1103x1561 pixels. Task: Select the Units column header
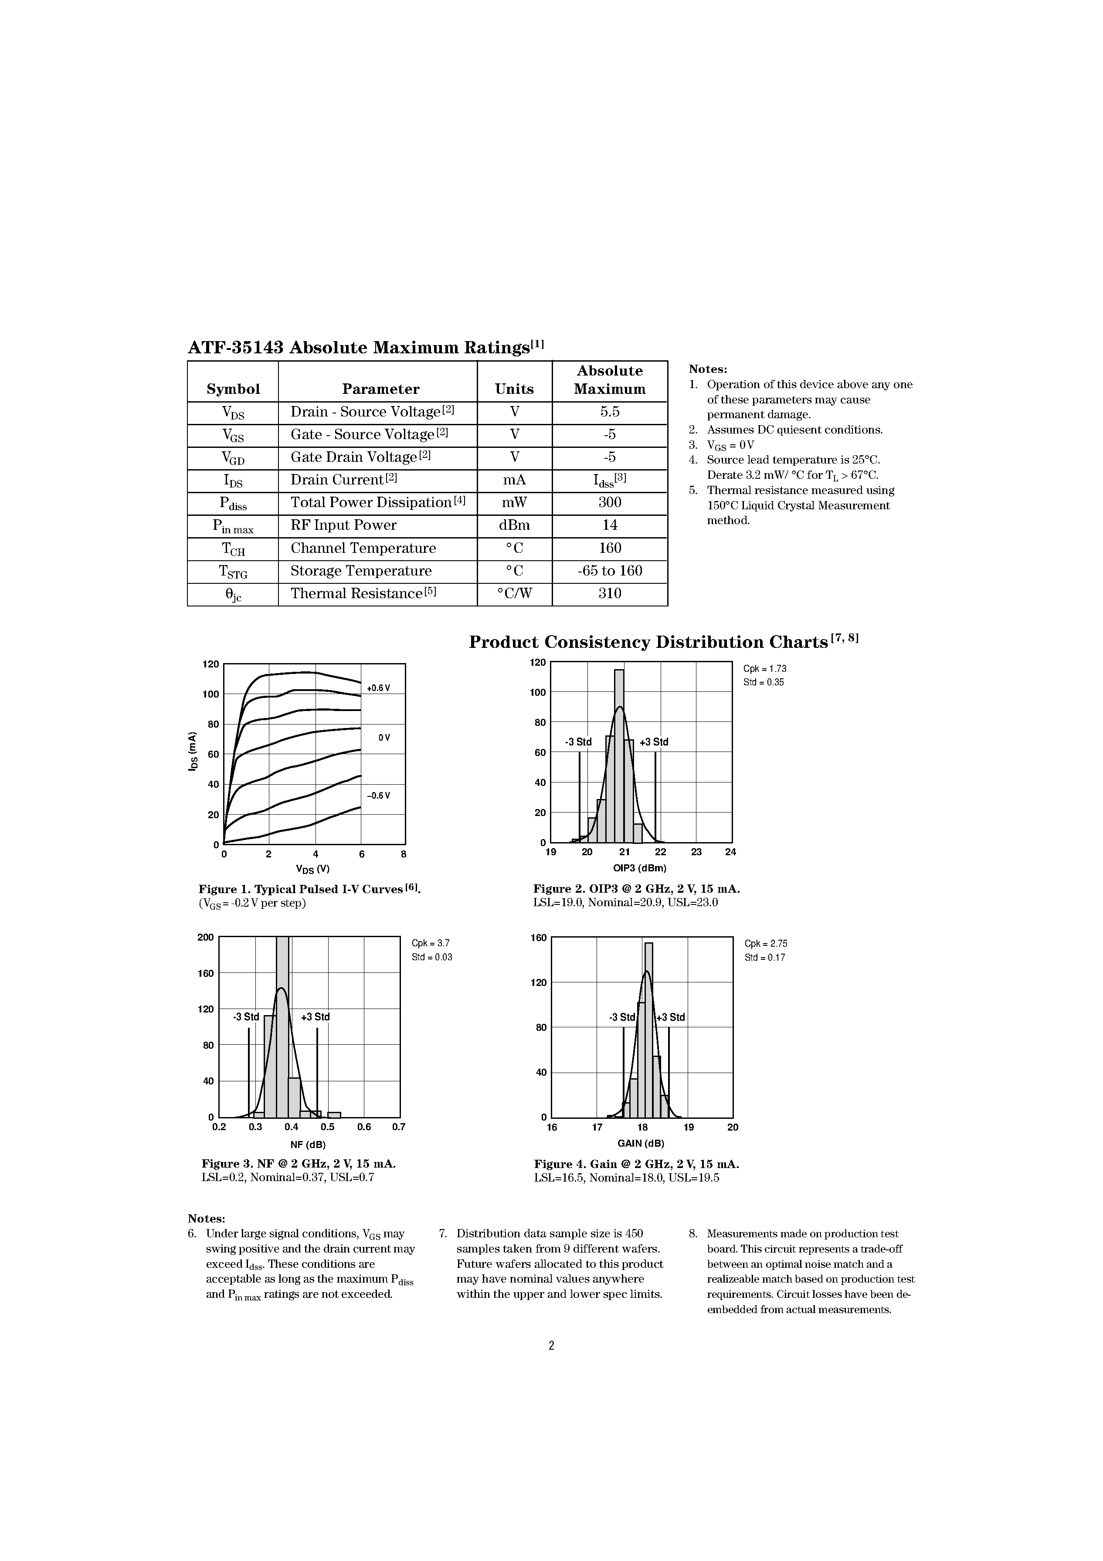514,389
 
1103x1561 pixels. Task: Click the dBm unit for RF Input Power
514,525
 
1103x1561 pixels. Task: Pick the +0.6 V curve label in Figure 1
378,688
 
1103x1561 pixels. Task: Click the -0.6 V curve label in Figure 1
378,796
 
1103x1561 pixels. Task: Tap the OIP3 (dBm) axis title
639,868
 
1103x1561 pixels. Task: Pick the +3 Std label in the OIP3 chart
654,742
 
